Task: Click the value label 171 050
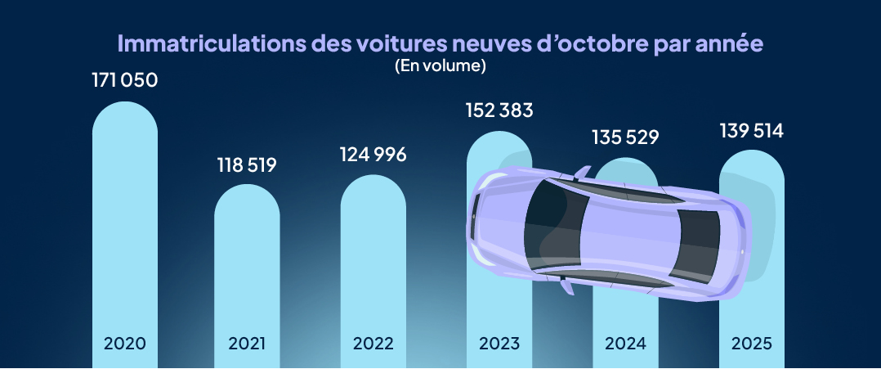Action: pyautogui.click(x=125, y=81)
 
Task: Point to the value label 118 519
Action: pyautogui.click(x=247, y=164)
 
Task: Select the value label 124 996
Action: pyautogui.click(x=373, y=155)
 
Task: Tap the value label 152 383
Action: pyautogui.click(x=499, y=110)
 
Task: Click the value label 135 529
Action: pyautogui.click(x=624, y=136)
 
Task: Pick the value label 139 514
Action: pyautogui.click(x=751, y=131)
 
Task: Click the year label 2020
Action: pyautogui.click(x=125, y=343)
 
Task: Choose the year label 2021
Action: pyautogui.click(x=247, y=343)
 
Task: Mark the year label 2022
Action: pyautogui.click(x=373, y=343)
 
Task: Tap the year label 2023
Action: pyautogui.click(x=499, y=343)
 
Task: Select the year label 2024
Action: pyautogui.click(x=624, y=343)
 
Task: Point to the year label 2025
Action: pyautogui.click(x=751, y=343)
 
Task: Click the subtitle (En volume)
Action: pyautogui.click(x=440, y=66)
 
